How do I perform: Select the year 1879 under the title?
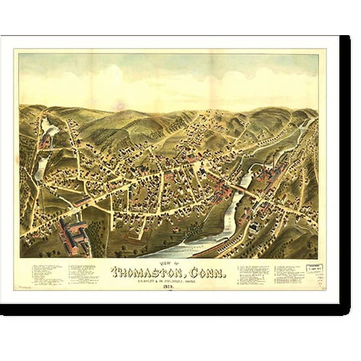[177, 287]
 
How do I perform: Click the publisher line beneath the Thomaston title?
[177, 281]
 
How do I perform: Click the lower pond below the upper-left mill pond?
[41, 166]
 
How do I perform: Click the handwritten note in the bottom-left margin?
[25, 286]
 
